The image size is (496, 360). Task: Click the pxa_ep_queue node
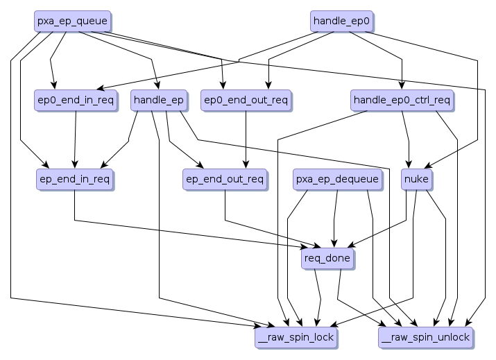click(x=73, y=22)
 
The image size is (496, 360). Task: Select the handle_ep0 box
click(x=342, y=22)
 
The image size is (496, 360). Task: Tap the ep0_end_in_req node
click(x=75, y=101)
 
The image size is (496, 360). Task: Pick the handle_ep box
click(x=159, y=101)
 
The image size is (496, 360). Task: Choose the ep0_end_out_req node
click(x=246, y=101)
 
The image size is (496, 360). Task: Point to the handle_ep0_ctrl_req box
click(x=402, y=101)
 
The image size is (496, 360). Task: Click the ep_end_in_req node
click(x=74, y=180)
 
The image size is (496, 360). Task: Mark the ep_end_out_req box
click(x=225, y=180)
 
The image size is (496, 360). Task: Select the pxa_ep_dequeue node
click(x=337, y=180)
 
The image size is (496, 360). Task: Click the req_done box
click(x=328, y=259)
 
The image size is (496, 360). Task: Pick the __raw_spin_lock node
click(x=296, y=338)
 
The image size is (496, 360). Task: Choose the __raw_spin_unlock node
click(x=427, y=338)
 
